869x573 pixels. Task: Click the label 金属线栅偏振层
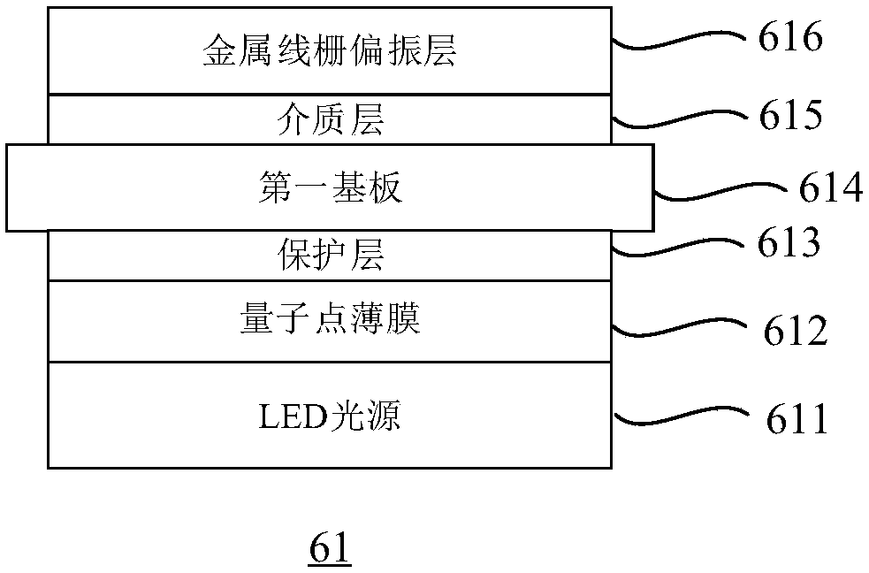pos(330,50)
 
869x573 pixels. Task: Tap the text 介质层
pos(331,119)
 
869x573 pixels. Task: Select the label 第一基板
pos(331,187)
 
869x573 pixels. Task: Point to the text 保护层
pos(331,255)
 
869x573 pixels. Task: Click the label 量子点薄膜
pos(331,318)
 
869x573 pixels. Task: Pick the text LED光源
pos(329,416)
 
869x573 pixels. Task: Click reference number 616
pos(790,36)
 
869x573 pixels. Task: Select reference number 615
pos(790,115)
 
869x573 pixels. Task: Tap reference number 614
pos(830,187)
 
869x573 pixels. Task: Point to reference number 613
pos(789,242)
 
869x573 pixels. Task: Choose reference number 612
pos(796,331)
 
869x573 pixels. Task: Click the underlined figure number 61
pos(330,548)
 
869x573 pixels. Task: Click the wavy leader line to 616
pos(679,40)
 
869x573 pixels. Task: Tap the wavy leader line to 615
pos(679,118)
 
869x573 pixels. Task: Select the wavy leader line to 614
pos(720,192)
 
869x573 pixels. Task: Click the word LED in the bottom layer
pos(293,417)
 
